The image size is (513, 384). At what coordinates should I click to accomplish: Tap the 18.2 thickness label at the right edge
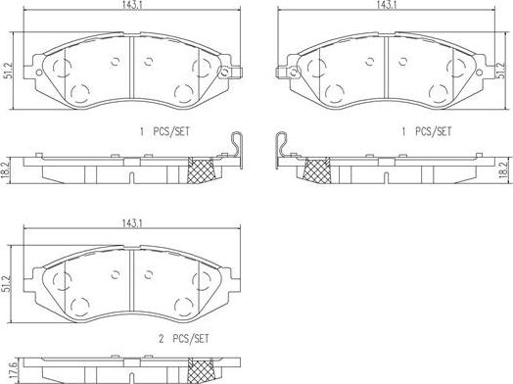[503, 169]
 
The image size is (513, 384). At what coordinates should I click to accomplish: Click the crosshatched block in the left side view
[205, 169]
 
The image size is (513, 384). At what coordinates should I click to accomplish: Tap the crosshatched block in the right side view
[316, 169]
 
